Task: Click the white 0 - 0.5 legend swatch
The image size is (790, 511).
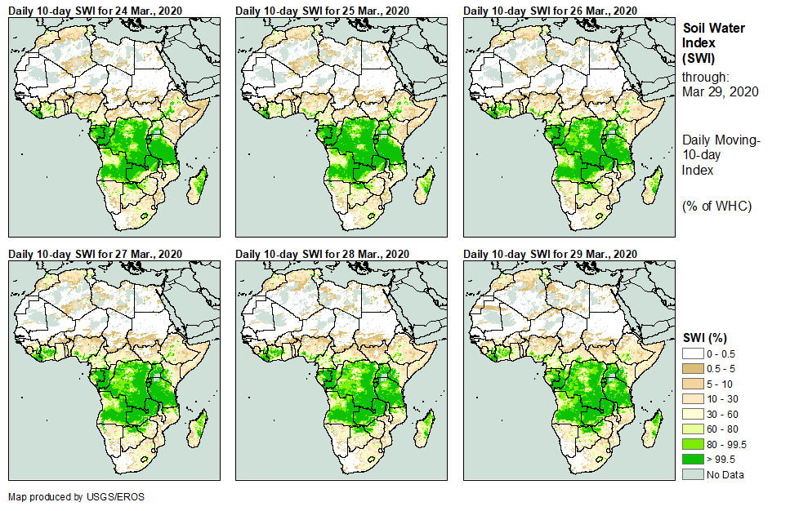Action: point(693,353)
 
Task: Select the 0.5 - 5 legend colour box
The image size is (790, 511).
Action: point(693,369)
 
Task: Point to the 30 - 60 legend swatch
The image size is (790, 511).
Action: point(693,414)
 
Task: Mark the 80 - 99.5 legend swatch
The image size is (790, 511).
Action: point(693,444)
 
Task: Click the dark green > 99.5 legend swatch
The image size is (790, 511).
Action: point(693,460)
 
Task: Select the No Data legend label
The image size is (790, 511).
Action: point(725,475)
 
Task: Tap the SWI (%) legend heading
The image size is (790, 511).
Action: point(705,338)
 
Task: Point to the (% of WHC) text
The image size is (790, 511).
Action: point(716,206)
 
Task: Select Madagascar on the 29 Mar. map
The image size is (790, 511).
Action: point(654,428)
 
